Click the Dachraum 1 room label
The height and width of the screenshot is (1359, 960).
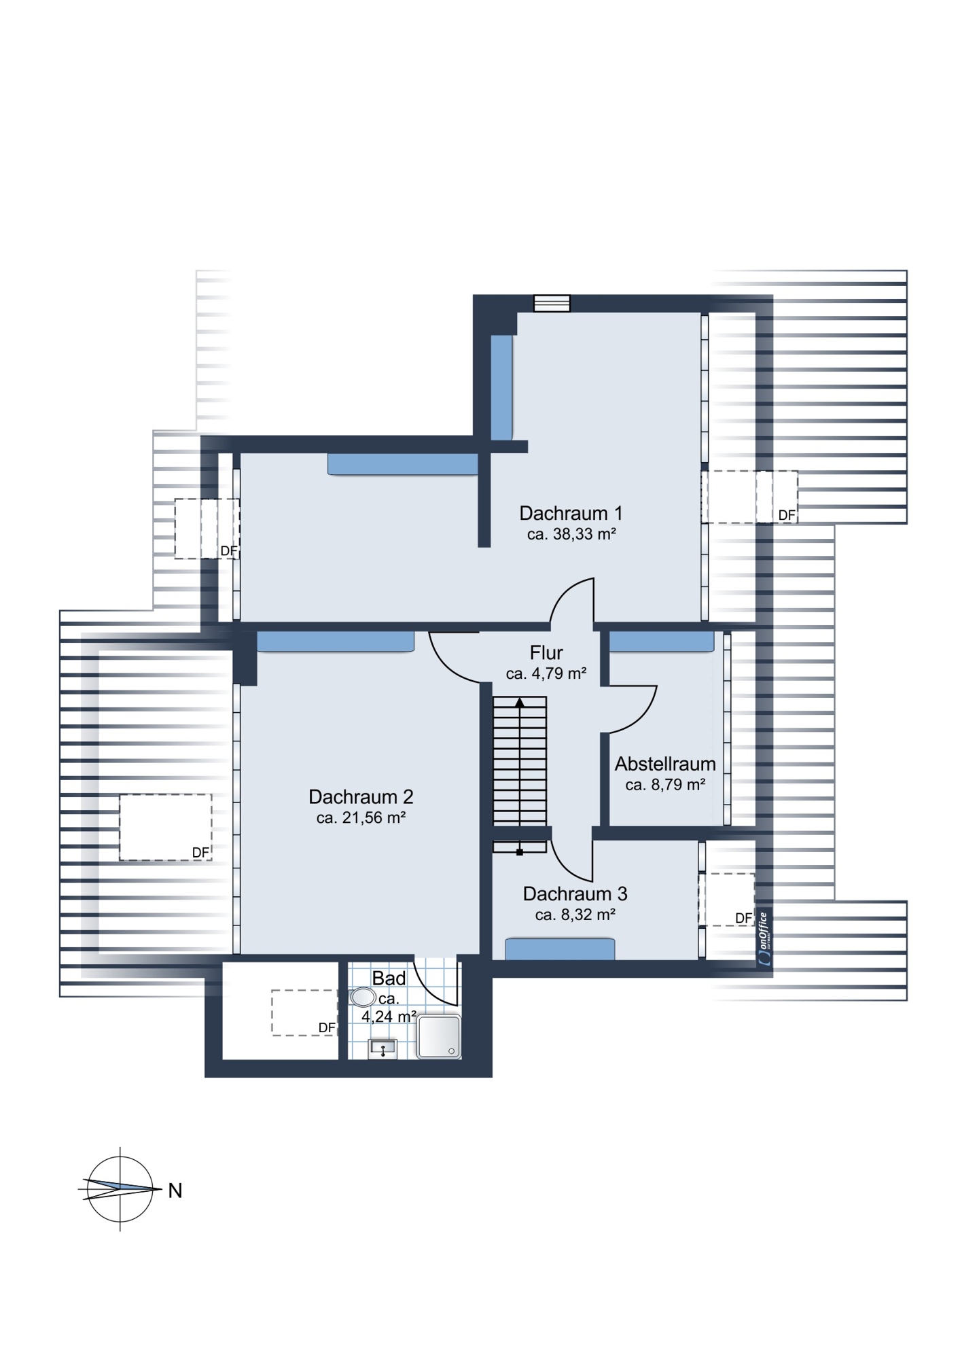point(571,513)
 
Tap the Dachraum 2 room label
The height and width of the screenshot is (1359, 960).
point(361,796)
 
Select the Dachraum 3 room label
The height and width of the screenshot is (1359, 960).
point(575,894)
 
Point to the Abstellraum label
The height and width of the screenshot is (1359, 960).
point(665,764)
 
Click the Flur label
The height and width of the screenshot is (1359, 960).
point(546,653)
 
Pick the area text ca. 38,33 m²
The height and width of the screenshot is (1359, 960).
point(571,534)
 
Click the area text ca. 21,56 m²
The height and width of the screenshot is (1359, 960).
point(361,817)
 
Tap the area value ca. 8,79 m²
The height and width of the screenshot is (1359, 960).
point(665,785)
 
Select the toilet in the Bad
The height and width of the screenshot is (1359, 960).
point(363,997)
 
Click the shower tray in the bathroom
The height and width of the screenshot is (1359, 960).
point(439,1037)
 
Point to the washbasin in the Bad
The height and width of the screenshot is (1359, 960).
point(383,1049)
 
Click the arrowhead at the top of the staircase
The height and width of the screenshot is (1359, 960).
point(520,702)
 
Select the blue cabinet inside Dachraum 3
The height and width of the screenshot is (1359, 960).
point(560,949)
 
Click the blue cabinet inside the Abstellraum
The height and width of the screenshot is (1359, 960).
point(662,642)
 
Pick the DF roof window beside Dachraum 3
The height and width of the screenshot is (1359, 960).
point(726,900)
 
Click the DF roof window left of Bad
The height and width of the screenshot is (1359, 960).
point(304,1012)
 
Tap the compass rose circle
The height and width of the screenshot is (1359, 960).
point(120,1189)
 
